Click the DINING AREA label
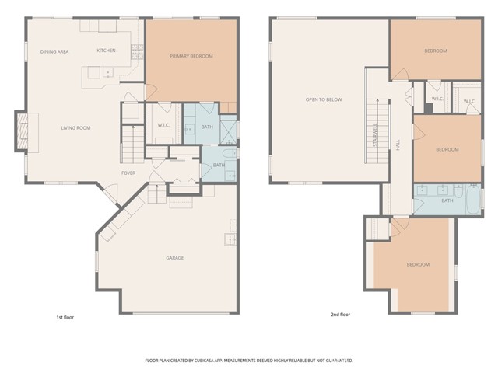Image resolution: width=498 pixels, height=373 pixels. (x=55, y=51)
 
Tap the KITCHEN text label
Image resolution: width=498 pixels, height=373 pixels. (x=106, y=51)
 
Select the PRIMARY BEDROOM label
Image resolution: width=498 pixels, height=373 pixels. (x=191, y=56)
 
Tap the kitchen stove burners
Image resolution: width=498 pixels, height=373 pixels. (x=137, y=51)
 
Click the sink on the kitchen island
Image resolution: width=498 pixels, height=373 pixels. (x=107, y=74)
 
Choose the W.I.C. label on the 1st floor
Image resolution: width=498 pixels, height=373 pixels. (x=163, y=126)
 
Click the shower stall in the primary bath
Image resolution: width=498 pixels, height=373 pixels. (x=229, y=128)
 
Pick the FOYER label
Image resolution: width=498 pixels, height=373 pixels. (x=128, y=173)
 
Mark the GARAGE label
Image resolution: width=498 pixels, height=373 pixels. (x=174, y=258)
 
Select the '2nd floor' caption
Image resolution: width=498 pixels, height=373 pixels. (x=340, y=315)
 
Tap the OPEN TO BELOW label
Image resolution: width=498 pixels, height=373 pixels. (x=324, y=99)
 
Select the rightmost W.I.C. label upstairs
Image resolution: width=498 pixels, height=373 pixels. (x=469, y=101)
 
